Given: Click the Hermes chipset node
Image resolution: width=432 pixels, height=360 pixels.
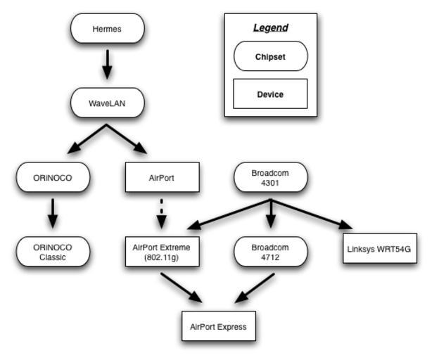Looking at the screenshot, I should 107,29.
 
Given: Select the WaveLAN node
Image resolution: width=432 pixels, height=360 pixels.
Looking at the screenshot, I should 107,103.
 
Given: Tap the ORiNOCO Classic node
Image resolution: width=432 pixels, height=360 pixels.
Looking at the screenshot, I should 53,252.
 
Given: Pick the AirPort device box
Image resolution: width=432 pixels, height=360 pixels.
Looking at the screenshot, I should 162,178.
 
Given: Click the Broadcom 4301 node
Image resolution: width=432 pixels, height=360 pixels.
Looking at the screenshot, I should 271,178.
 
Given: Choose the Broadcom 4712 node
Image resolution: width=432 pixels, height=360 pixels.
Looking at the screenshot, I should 271,252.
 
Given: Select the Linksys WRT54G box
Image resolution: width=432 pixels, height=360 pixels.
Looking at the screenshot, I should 380,249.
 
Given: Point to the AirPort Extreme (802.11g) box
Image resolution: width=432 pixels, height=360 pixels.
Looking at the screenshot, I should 162,252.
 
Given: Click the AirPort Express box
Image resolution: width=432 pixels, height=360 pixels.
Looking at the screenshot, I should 218,326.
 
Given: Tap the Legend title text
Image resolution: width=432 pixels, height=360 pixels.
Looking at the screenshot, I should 271,28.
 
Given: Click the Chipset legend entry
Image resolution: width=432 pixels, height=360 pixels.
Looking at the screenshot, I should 271,57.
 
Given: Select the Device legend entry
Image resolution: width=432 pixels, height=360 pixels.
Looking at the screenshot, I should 271,94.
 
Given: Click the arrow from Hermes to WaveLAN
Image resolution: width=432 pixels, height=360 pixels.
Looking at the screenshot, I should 107,63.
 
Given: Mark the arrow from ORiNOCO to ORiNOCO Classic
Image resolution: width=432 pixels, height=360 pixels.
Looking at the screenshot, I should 53,212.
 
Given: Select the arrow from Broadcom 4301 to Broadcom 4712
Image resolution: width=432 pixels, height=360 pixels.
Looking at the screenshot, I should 271,214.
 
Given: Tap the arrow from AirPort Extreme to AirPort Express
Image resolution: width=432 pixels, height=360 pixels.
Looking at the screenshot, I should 181,288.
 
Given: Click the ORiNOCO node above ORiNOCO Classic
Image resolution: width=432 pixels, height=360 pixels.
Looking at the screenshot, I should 53,178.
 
